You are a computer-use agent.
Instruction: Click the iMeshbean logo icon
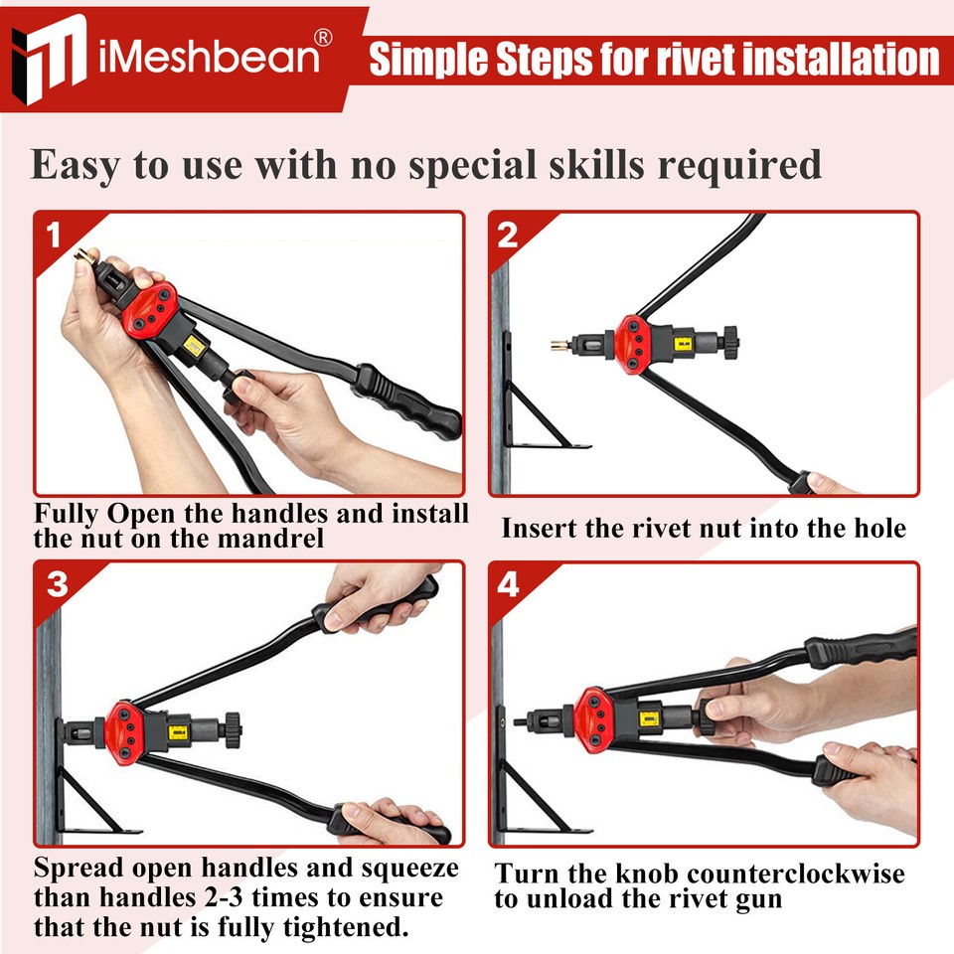click(x=50, y=57)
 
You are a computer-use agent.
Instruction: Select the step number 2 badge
click(x=508, y=236)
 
